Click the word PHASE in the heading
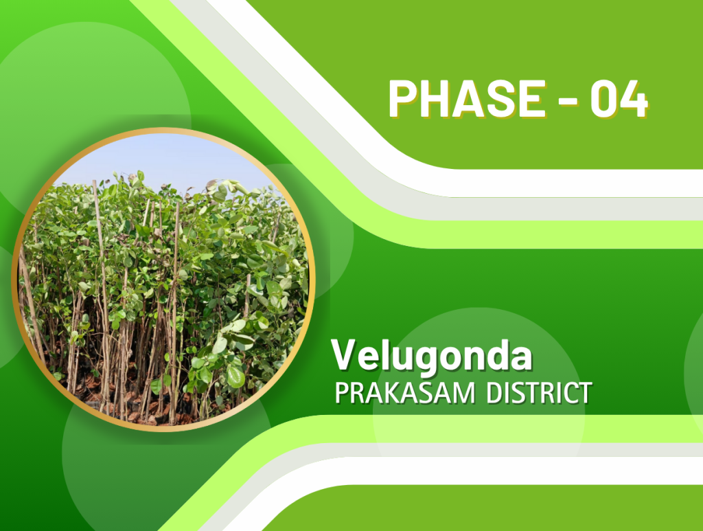point(467,98)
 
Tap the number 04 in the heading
point(619,99)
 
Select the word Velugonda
point(432,356)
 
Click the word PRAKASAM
point(405,393)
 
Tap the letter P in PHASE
point(403,98)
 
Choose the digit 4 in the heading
point(635,99)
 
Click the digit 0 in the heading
point(604,99)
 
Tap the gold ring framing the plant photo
point(14,279)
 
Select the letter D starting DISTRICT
point(495,393)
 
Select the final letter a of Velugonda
point(520,358)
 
